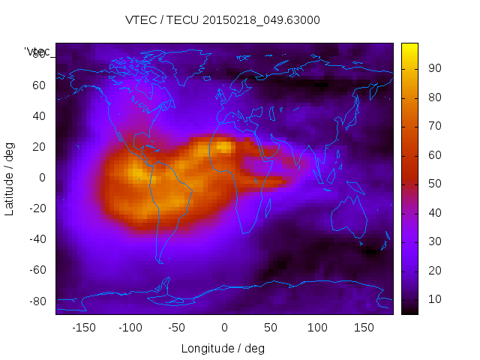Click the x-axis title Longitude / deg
click(223, 348)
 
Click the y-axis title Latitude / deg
click(10, 177)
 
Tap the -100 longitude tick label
click(130, 327)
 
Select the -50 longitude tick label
click(177, 327)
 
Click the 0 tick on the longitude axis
click(223, 327)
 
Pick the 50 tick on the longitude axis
click(271, 327)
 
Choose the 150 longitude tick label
click(364, 327)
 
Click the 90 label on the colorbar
click(434, 68)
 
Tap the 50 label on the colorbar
click(434, 184)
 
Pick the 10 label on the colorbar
click(434, 299)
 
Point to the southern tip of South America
click(160, 262)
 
